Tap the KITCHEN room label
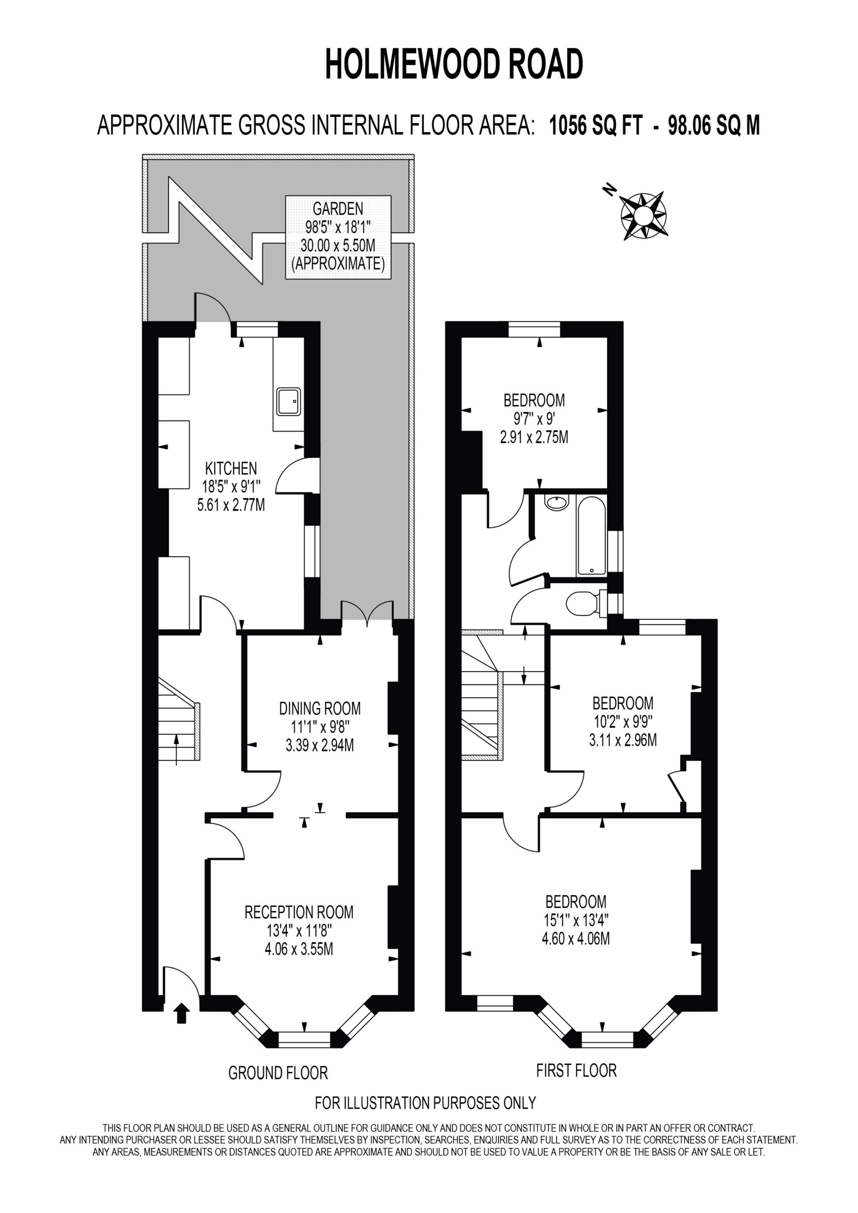[x=231, y=468]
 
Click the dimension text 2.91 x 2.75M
[x=534, y=437]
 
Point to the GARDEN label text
[x=338, y=208]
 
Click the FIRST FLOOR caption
[x=576, y=1070]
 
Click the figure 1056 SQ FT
[x=596, y=126]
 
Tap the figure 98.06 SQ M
[x=714, y=126]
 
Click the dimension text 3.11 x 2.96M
[x=623, y=740]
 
